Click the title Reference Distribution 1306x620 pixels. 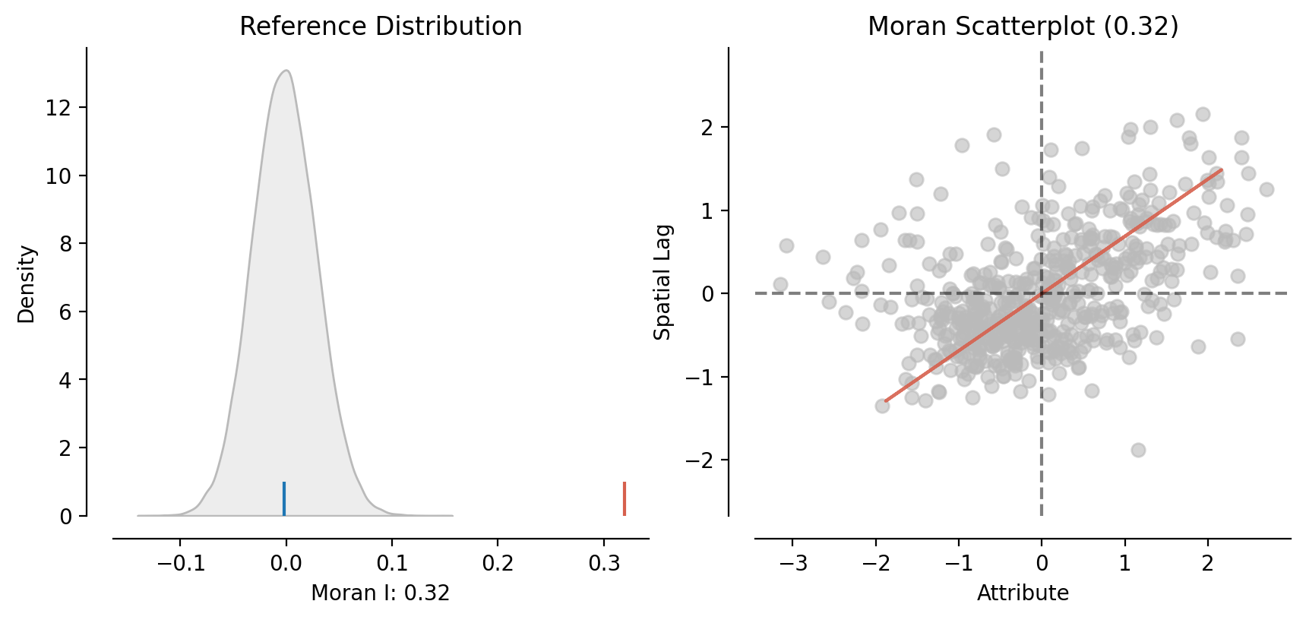[x=381, y=27]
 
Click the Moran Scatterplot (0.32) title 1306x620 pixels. [x=1023, y=27]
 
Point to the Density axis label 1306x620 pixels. [x=27, y=283]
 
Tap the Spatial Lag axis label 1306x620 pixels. [x=662, y=282]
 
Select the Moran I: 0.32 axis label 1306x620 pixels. [x=381, y=593]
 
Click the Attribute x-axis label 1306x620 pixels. [x=1023, y=593]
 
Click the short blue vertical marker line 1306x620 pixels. [x=284, y=498]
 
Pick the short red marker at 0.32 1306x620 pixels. [x=625, y=498]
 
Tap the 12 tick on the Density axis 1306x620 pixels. [x=58, y=108]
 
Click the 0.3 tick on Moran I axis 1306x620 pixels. [x=604, y=564]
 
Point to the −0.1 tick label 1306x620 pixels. [x=180, y=564]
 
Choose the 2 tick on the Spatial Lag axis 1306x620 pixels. [x=707, y=127]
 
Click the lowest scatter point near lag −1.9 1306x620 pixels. [x=1138, y=450]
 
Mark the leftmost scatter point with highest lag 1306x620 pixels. [x=786, y=245]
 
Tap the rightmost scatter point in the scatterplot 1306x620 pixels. [x=1266, y=189]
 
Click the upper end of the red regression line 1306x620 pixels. [x=1221, y=170]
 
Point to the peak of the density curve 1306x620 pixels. [x=286, y=71]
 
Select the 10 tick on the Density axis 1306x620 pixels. [x=58, y=176]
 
